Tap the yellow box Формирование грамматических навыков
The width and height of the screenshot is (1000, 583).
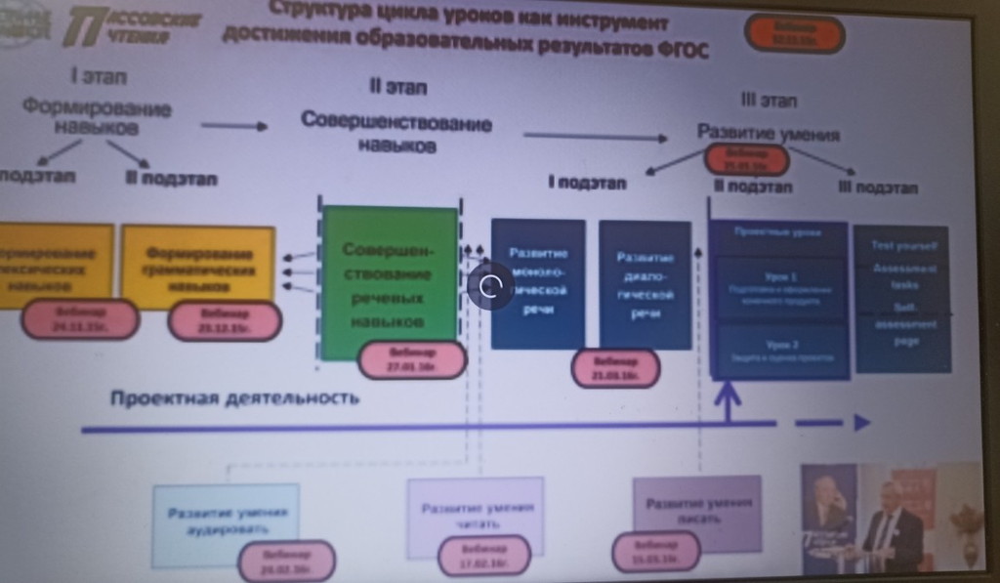click(198, 265)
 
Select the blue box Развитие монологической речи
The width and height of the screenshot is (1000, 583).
click(538, 283)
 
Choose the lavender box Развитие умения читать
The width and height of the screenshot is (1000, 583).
click(476, 516)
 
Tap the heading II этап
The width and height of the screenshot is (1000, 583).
click(397, 88)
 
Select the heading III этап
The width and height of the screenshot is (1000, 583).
click(769, 101)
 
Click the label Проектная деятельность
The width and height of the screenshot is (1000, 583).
click(234, 398)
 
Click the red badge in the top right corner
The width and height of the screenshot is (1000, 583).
click(794, 34)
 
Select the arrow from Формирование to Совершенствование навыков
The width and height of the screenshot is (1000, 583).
click(234, 125)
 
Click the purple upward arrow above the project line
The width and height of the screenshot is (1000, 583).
click(728, 400)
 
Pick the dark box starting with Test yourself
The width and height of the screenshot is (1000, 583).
click(901, 298)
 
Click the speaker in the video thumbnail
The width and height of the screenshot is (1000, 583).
click(890, 527)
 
